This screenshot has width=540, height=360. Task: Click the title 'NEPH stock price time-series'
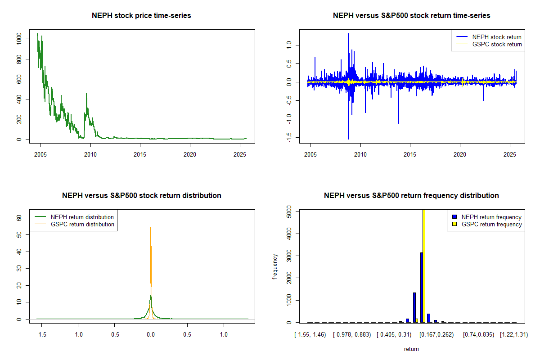click(x=141, y=16)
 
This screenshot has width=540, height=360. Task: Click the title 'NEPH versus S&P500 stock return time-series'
click(x=411, y=16)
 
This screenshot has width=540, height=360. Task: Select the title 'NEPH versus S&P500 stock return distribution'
click(x=141, y=196)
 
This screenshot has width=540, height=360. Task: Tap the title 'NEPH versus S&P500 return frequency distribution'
click(x=411, y=196)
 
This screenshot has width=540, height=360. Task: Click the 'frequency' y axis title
click(x=275, y=266)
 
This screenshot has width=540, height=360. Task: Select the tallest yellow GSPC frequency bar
click(x=424, y=265)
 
